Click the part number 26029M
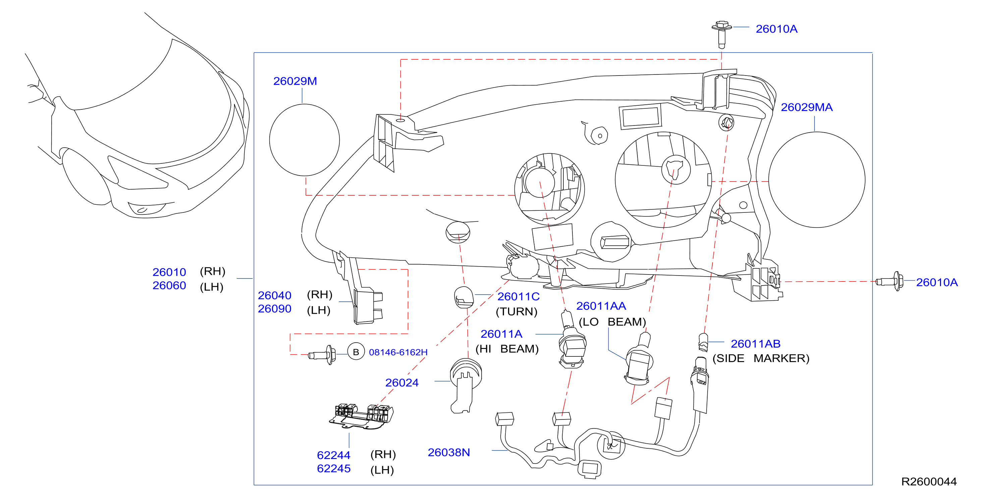(295, 81)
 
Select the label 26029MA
(807, 107)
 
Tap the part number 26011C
(518, 297)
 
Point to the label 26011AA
(601, 306)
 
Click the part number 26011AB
(756, 344)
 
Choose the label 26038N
(449, 452)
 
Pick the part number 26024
(402, 383)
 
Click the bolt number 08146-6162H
(398, 352)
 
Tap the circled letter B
(356, 352)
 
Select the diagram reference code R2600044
(929, 482)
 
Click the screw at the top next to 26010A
(722, 34)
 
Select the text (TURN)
(516, 311)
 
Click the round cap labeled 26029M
(304, 140)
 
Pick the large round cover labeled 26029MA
(817, 180)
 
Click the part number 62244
(334, 455)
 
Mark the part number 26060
(169, 285)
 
